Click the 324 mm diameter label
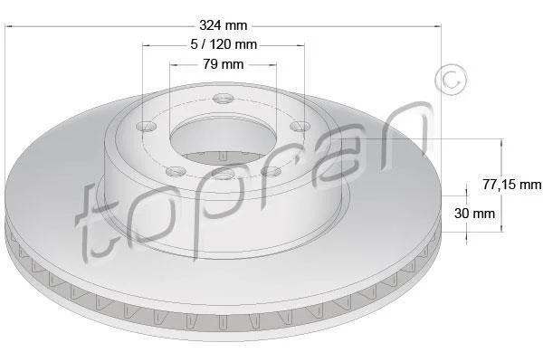(224, 25)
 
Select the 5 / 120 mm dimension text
(224, 44)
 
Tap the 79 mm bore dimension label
(224, 64)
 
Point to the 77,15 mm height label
(512, 185)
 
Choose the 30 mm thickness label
(474, 213)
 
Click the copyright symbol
(451, 80)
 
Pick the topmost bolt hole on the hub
(223, 99)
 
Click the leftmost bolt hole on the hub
(147, 126)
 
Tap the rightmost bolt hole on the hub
(300, 126)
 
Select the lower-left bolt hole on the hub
(176, 171)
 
